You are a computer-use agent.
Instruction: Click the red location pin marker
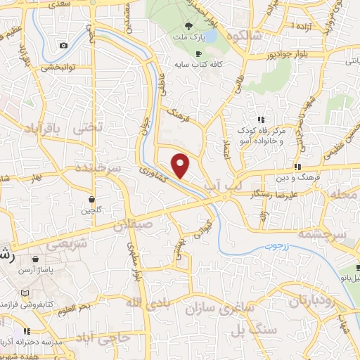coord(181,165)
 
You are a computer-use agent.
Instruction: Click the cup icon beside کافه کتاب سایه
coord(198,53)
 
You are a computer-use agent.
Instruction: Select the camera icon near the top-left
coord(64,46)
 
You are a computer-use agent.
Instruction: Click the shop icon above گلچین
coord(93,199)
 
